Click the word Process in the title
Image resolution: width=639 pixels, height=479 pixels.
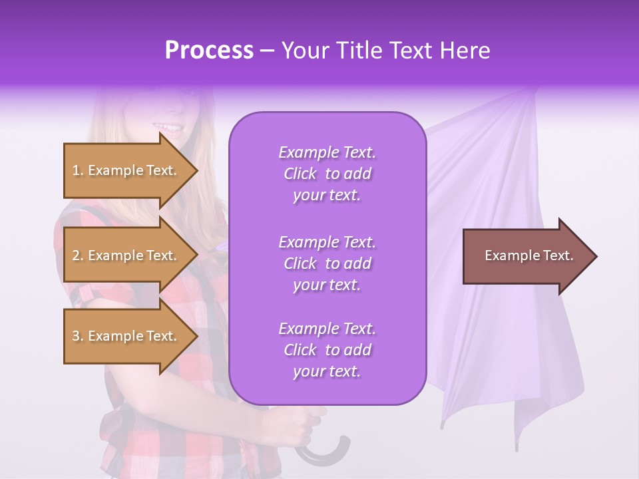(209, 51)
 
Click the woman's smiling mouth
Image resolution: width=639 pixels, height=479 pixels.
(168, 126)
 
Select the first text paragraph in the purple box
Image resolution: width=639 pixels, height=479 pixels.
(327, 174)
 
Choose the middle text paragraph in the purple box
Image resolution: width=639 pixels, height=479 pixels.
(327, 263)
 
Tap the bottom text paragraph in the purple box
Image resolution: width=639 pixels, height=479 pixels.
(327, 350)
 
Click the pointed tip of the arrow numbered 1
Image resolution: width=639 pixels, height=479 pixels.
(196, 170)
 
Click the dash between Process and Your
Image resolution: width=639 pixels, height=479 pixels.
(268, 52)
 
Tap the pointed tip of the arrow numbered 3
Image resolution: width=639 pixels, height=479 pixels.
(196, 336)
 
